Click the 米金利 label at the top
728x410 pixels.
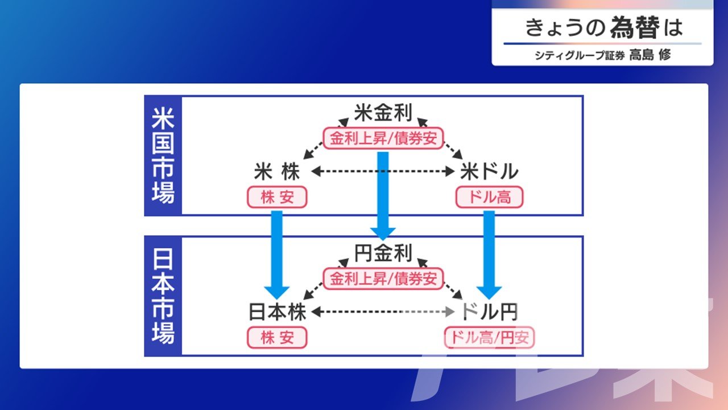point(383,113)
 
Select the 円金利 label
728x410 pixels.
point(383,253)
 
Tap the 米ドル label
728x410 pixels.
point(489,171)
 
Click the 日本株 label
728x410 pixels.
point(277,311)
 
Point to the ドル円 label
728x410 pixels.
point(489,311)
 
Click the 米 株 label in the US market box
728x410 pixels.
point(277,171)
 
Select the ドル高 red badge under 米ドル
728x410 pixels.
point(489,197)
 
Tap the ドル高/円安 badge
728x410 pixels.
point(489,338)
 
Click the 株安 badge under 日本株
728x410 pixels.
point(277,338)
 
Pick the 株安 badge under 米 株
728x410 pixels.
point(277,197)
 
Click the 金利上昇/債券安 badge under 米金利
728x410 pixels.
point(383,138)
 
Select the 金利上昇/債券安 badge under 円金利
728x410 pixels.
point(383,279)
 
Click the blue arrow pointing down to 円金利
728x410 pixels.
point(383,196)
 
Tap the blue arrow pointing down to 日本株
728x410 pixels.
point(277,255)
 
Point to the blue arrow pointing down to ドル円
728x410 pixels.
point(489,255)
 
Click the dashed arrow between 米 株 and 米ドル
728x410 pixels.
point(383,171)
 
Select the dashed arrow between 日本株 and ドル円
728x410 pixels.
point(383,311)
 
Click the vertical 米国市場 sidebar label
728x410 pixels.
point(163,155)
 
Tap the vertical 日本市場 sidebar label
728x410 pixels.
point(163,296)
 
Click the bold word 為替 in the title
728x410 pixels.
point(634,27)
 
